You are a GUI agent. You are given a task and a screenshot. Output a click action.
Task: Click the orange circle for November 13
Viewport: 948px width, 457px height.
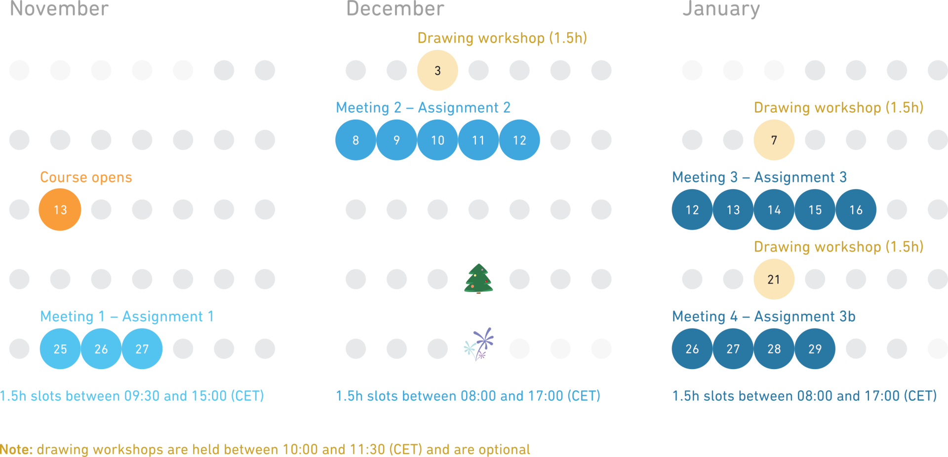click(x=60, y=209)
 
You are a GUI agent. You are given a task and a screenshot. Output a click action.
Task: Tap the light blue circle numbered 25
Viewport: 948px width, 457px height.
click(x=60, y=349)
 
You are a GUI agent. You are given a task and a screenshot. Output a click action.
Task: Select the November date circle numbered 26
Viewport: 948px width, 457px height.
click(x=101, y=349)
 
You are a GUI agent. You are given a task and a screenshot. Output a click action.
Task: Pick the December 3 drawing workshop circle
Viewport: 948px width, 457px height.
click(x=437, y=70)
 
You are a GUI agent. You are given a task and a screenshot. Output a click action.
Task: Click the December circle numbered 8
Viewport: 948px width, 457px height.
click(x=355, y=140)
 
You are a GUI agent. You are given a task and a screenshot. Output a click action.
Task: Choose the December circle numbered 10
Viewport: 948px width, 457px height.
click(x=437, y=140)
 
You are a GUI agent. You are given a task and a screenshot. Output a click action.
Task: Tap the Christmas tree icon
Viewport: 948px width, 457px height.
click(x=478, y=278)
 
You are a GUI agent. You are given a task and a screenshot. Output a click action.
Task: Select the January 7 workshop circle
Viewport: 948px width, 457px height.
click(x=774, y=140)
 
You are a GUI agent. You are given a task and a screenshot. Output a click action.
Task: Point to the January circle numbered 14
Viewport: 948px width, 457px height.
click(x=774, y=209)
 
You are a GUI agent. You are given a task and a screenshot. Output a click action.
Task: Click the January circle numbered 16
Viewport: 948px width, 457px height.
click(x=856, y=209)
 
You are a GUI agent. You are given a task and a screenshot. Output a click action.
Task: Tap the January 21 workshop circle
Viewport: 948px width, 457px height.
click(x=774, y=279)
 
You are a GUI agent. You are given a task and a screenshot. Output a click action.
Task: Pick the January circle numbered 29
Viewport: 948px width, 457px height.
click(x=815, y=349)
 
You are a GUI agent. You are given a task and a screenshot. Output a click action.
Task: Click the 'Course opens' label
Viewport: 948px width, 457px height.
click(x=86, y=177)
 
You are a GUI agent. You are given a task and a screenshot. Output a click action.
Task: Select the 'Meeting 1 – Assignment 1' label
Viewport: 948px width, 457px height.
click(x=127, y=316)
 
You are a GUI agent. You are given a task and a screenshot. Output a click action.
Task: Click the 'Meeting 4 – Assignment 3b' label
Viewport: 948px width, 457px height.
click(x=763, y=316)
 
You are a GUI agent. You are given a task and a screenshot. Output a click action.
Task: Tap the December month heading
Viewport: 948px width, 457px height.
click(x=395, y=9)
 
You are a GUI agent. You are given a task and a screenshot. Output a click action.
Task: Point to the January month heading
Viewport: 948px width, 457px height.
click(x=721, y=9)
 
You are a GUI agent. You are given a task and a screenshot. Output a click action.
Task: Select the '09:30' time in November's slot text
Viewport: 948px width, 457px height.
click(x=142, y=396)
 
